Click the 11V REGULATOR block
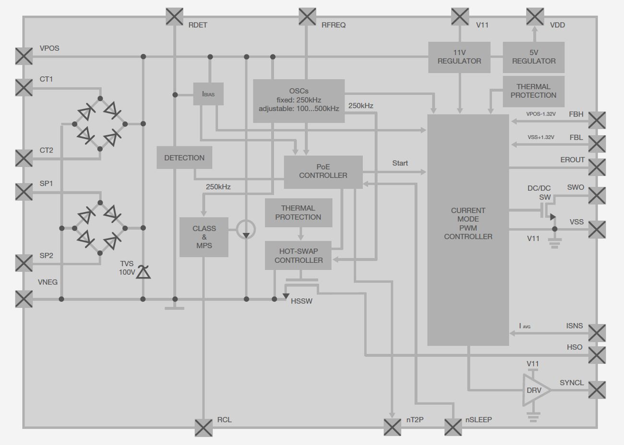[459, 57]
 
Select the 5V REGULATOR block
[533, 57]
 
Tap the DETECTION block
[184, 158]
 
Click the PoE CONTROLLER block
[323, 172]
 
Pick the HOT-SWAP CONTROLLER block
[298, 256]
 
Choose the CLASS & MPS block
[204, 237]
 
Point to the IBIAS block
[208, 94]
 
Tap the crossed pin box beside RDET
[174, 16]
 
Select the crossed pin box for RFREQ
[307, 16]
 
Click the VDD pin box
[535, 16]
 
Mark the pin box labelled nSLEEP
[453, 427]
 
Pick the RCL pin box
[204, 427]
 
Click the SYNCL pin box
[597, 390]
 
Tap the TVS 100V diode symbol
[143, 272]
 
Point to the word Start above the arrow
[400, 163]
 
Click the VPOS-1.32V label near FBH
[540, 114]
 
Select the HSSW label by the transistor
[301, 301]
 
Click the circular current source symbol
[246, 230]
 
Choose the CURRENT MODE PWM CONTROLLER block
[468, 223]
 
